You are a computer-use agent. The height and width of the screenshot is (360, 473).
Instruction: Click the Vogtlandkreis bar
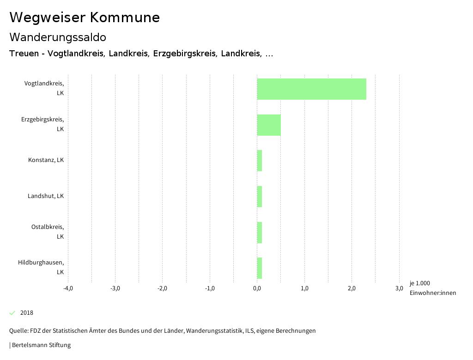point(311,89)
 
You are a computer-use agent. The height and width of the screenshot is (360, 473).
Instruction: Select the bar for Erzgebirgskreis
point(269,125)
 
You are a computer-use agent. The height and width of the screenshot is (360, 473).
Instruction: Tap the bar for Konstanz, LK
point(260,161)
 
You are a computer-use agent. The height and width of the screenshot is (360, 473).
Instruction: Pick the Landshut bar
point(260,197)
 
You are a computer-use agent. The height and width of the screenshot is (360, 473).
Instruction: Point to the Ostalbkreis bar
point(260,233)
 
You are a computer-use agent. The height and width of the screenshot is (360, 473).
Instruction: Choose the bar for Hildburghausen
point(260,268)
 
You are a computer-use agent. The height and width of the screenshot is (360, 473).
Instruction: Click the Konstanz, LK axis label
point(46,160)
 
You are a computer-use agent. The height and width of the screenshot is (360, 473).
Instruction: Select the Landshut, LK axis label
point(45,196)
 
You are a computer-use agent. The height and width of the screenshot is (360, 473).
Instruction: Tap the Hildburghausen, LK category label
point(41,267)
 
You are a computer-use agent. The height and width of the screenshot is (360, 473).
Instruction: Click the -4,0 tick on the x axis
point(68,288)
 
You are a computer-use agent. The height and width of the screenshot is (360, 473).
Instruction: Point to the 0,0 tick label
point(257,288)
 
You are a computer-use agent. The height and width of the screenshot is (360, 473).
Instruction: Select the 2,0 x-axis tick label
point(352,288)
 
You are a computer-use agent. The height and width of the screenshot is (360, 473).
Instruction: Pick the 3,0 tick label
point(399,288)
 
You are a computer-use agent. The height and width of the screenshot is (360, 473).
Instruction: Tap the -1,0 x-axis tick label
point(210,288)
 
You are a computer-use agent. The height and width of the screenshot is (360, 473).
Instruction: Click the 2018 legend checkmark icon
point(12,313)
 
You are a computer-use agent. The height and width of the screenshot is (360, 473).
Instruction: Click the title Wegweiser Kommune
point(85,18)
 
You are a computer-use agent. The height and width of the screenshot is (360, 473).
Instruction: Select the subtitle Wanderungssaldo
point(58,37)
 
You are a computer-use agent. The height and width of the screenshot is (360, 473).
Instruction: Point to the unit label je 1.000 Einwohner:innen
point(432,288)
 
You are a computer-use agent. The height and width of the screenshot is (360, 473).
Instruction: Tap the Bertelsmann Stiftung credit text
point(41,345)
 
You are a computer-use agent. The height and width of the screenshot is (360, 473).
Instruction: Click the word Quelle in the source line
point(18,330)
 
